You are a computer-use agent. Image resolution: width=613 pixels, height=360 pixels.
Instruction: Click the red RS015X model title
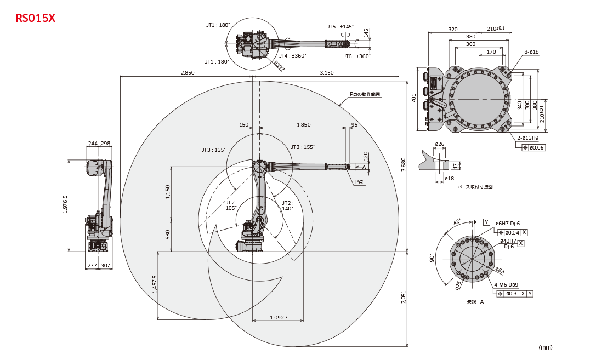pyautogui.click(x=36, y=18)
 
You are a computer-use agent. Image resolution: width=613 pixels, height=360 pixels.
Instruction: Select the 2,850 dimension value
pyautogui.click(x=188, y=73)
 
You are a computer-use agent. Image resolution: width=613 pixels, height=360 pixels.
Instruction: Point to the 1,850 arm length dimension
pyautogui.click(x=303, y=125)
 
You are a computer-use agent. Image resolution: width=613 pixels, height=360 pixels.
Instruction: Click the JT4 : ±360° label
pyautogui.click(x=292, y=55)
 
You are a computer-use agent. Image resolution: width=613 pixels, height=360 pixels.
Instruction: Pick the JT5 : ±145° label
pyautogui.click(x=340, y=26)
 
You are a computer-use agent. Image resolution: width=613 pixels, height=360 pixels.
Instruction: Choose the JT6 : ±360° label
pyautogui.click(x=357, y=56)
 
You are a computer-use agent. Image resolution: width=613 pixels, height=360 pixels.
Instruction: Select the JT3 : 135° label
pyautogui.click(x=214, y=150)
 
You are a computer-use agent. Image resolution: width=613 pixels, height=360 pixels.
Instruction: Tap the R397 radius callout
pyautogui.click(x=279, y=66)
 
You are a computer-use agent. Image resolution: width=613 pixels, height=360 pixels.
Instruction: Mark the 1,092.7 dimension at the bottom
pyautogui.click(x=279, y=318)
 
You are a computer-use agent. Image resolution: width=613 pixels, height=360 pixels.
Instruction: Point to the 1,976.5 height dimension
pyautogui.click(x=65, y=205)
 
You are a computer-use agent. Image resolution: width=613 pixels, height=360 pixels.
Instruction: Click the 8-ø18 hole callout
pyautogui.click(x=531, y=52)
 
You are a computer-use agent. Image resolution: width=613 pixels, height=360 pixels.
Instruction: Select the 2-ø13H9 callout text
pyautogui.click(x=528, y=138)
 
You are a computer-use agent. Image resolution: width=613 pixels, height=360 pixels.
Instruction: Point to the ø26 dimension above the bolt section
pyautogui.click(x=439, y=144)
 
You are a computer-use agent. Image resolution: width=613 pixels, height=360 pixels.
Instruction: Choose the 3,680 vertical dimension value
pyautogui.click(x=404, y=165)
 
